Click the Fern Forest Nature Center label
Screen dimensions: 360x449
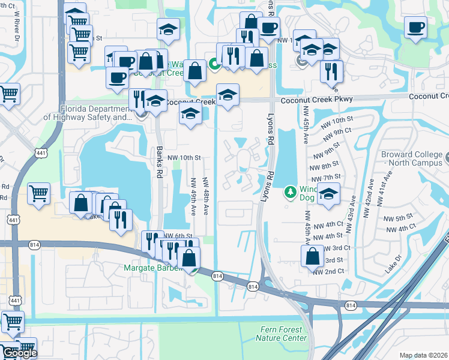285,334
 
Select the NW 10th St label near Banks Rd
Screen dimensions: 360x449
183,157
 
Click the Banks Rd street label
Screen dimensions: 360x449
160,163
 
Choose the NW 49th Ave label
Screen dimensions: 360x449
193,196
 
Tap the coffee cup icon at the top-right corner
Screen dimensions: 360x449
415,26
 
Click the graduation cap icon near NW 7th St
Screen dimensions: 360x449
328,194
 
